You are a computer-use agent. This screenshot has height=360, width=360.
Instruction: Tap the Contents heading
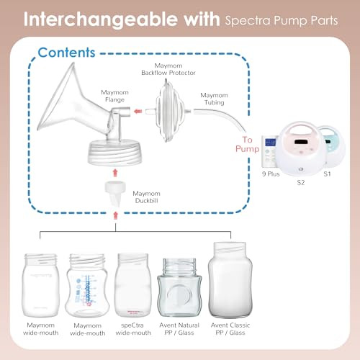point(66,52)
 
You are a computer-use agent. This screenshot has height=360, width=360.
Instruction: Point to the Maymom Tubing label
point(214,100)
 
